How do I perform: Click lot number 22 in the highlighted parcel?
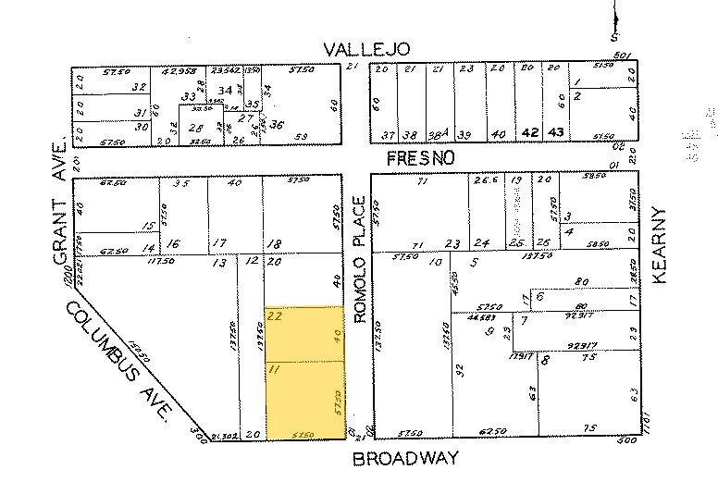point(275,315)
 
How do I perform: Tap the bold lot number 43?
point(556,133)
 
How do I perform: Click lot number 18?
point(275,243)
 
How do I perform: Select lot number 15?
point(147,226)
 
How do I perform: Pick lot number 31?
point(142,112)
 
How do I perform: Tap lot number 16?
point(172,243)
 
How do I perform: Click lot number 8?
point(546,361)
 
